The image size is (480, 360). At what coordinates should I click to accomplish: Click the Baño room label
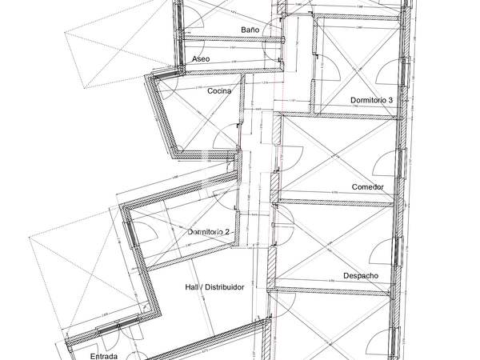click(250, 30)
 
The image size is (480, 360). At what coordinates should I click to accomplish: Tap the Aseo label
click(202, 59)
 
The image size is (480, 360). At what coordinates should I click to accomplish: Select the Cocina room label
click(219, 91)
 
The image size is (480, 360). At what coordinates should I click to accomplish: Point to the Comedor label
click(367, 187)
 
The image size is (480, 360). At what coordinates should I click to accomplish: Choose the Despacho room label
click(361, 276)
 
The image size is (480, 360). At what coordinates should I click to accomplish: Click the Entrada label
click(104, 356)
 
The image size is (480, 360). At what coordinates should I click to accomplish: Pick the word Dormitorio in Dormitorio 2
click(205, 232)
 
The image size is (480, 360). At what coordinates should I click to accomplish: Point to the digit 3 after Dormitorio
click(391, 100)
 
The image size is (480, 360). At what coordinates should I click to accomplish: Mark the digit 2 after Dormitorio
click(228, 232)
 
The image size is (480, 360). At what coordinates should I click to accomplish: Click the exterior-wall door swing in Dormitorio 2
click(144, 232)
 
